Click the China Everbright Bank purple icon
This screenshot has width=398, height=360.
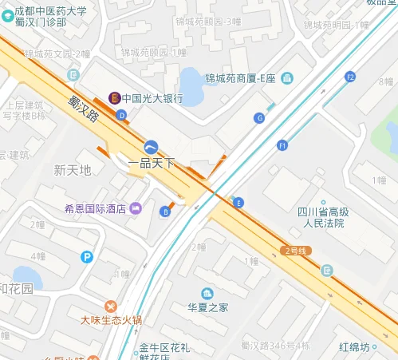coord(115,98)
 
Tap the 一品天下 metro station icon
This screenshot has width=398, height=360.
coord(152,147)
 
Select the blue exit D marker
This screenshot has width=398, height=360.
coord(121,115)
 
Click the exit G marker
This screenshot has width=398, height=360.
coord(258,117)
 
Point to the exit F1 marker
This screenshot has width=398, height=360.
coord(282,145)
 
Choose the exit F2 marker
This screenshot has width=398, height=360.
coord(349,77)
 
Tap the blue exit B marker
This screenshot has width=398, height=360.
coord(165,212)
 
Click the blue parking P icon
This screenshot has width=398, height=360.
coord(88,256)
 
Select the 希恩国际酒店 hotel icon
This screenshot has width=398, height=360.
coord(135,208)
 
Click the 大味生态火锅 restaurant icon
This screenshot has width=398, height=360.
coord(111,306)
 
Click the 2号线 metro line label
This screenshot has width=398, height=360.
coord(297,251)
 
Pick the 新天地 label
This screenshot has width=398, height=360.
coord(73,170)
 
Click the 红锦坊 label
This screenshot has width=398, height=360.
coord(353,347)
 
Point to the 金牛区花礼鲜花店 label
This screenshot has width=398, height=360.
coord(164,351)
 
